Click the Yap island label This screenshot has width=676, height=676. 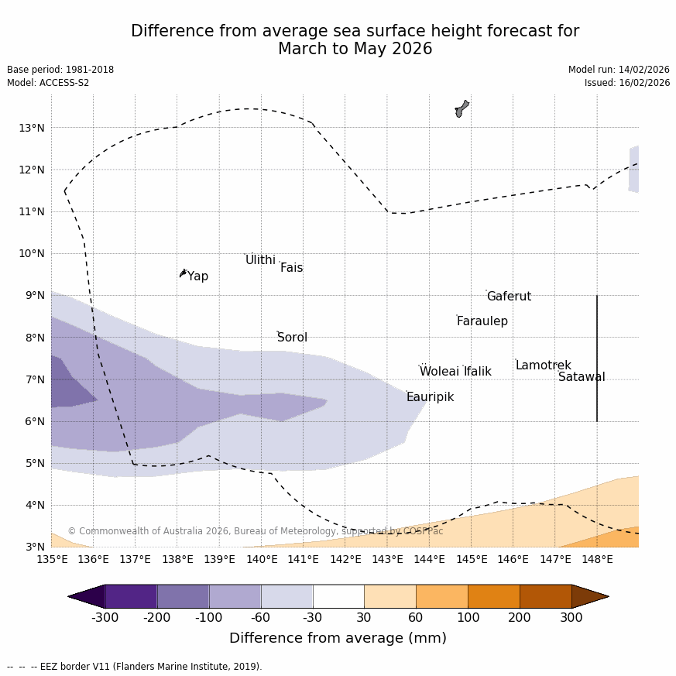197,276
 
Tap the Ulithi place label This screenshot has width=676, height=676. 260,260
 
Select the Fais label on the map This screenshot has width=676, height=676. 291,268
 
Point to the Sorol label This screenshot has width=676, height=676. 292,338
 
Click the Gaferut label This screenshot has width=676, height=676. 509,297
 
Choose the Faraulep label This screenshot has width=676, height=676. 482,321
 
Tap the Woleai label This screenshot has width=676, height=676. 439,372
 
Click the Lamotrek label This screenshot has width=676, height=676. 543,365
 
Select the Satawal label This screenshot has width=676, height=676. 582,377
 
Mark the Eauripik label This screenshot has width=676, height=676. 430,397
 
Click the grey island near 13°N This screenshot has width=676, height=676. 462,108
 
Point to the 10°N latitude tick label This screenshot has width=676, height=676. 31,253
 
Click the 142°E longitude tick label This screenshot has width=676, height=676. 345,559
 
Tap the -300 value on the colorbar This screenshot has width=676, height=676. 105,618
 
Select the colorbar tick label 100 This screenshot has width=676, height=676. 468,618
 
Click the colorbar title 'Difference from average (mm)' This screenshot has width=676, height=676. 338,638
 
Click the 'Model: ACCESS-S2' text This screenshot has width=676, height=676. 48,83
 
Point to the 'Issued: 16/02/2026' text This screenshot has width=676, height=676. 626,83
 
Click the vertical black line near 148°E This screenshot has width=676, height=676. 597,358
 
